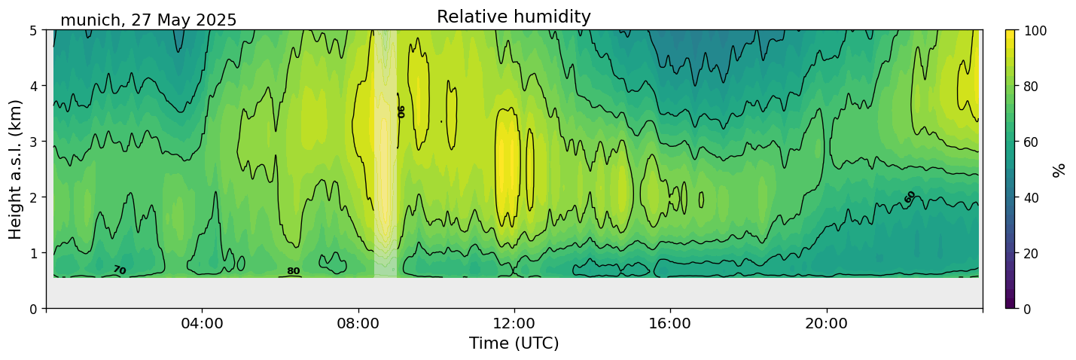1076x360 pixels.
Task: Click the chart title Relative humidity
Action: tap(514, 17)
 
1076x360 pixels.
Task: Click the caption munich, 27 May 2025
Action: tap(148, 20)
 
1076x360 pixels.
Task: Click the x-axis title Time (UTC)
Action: tap(514, 343)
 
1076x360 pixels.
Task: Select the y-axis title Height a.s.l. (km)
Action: tap(16, 169)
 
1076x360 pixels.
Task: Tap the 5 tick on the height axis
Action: tap(34, 30)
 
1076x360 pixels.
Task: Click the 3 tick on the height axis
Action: tap(34, 142)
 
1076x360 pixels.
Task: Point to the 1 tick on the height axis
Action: tap(34, 253)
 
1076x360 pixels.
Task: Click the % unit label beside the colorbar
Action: tap(1059, 169)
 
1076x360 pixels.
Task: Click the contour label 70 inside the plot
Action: tap(119, 270)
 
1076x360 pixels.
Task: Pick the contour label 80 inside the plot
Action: tap(293, 271)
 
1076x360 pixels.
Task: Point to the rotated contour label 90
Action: tap(401, 111)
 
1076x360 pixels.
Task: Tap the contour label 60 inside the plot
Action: tap(910, 197)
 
